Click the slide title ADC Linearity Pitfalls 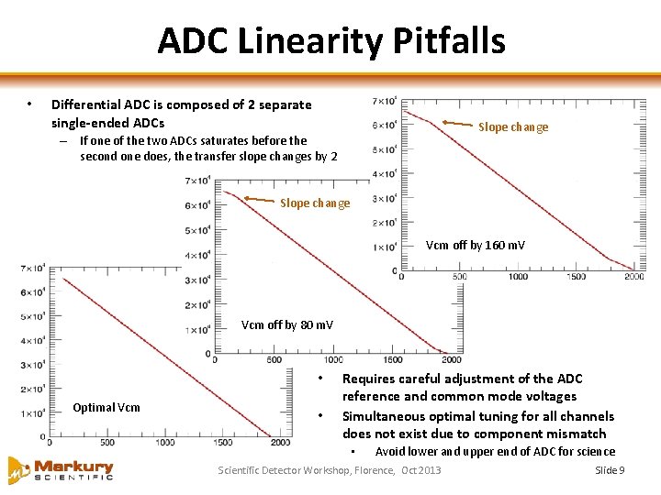(330, 41)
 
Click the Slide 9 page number (610, 470)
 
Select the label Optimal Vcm (106, 407)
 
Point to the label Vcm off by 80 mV (287, 325)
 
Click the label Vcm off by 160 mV (476, 246)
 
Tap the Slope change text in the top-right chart (513, 127)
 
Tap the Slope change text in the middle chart (315, 203)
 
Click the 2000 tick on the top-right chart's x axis (633, 277)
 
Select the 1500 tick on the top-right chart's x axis (575, 277)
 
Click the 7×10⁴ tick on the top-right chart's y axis (385, 101)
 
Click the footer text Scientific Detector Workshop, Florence (307, 470)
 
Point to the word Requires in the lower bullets (368, 379)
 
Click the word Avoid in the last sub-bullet (390, 451)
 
